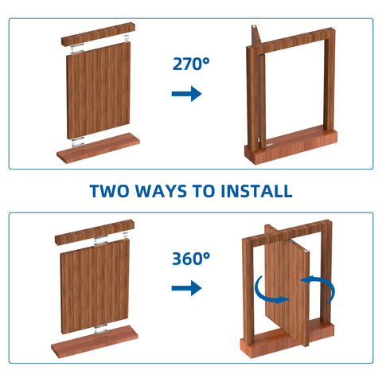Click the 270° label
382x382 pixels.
pyautogui.click(x=191, y=64)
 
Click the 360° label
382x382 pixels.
pyautogui.click(x=191, y=259)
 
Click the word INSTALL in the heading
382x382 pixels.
pyautogui.click(x=257, y=191)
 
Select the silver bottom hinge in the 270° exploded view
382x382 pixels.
pyautogui.click(x=77, y=142)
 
